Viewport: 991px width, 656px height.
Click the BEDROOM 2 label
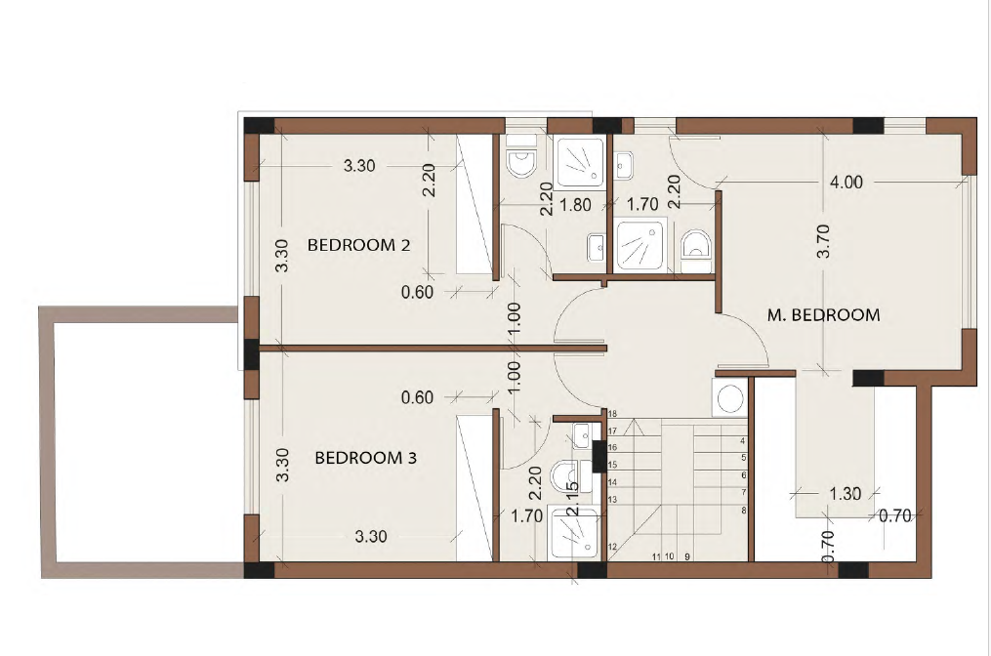[359, 245]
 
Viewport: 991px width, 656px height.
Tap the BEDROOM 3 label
[366, 458]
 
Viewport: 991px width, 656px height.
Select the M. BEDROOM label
[823, 314]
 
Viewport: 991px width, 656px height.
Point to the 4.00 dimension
[846, 182]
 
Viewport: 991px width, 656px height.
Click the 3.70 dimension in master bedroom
[823, 241]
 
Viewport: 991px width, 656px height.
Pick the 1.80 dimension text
[575, 205]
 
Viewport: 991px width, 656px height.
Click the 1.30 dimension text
[845, 494]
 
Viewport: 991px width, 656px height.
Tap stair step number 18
[612, 414]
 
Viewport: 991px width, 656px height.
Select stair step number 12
[612, 547]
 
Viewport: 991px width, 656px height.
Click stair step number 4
[743, 441]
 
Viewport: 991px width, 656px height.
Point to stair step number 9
[687, 556]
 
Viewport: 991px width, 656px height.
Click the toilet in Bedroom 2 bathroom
[520, 163]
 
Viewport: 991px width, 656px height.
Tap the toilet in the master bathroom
[696, 243]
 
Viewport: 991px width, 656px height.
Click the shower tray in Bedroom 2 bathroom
[580, 162]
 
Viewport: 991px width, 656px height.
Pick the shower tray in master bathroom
[640, 245]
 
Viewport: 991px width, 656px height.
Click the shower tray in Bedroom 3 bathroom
[574, 533]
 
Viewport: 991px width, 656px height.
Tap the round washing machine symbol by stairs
[730, 398]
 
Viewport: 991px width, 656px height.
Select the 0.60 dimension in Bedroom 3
[417, 397]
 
